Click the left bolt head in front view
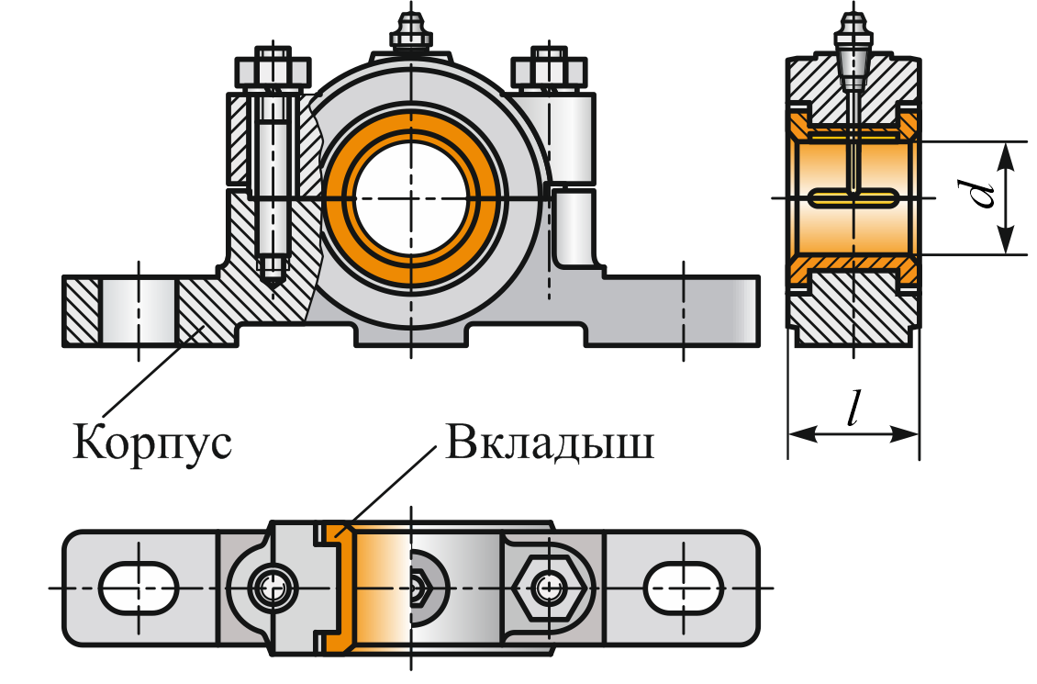(272, 70)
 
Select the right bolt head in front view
(548, 70)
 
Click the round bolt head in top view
(273, 586)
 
